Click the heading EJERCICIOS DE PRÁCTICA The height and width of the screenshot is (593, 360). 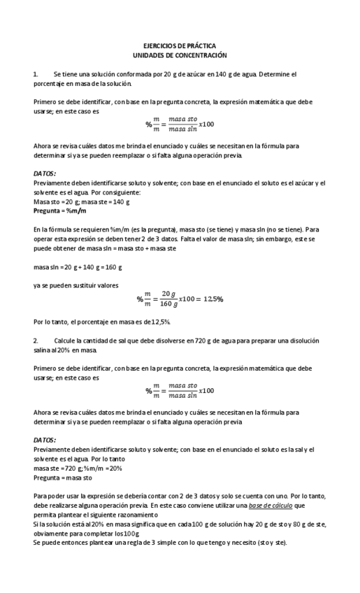click(x=180, y=45)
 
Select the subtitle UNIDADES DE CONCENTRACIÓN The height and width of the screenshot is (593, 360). click(x=180, y=54)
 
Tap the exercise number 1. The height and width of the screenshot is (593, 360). click(x=36, y=73)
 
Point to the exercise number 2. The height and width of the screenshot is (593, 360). click(x=36, y=341)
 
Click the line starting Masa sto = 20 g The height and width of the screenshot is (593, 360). click(x=82, y=201)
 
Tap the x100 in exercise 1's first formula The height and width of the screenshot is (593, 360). click(x=206, y=124)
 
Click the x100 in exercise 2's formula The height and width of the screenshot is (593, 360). click(x=206, y=390)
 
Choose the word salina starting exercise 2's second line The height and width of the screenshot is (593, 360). click(x=43, y=350)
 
